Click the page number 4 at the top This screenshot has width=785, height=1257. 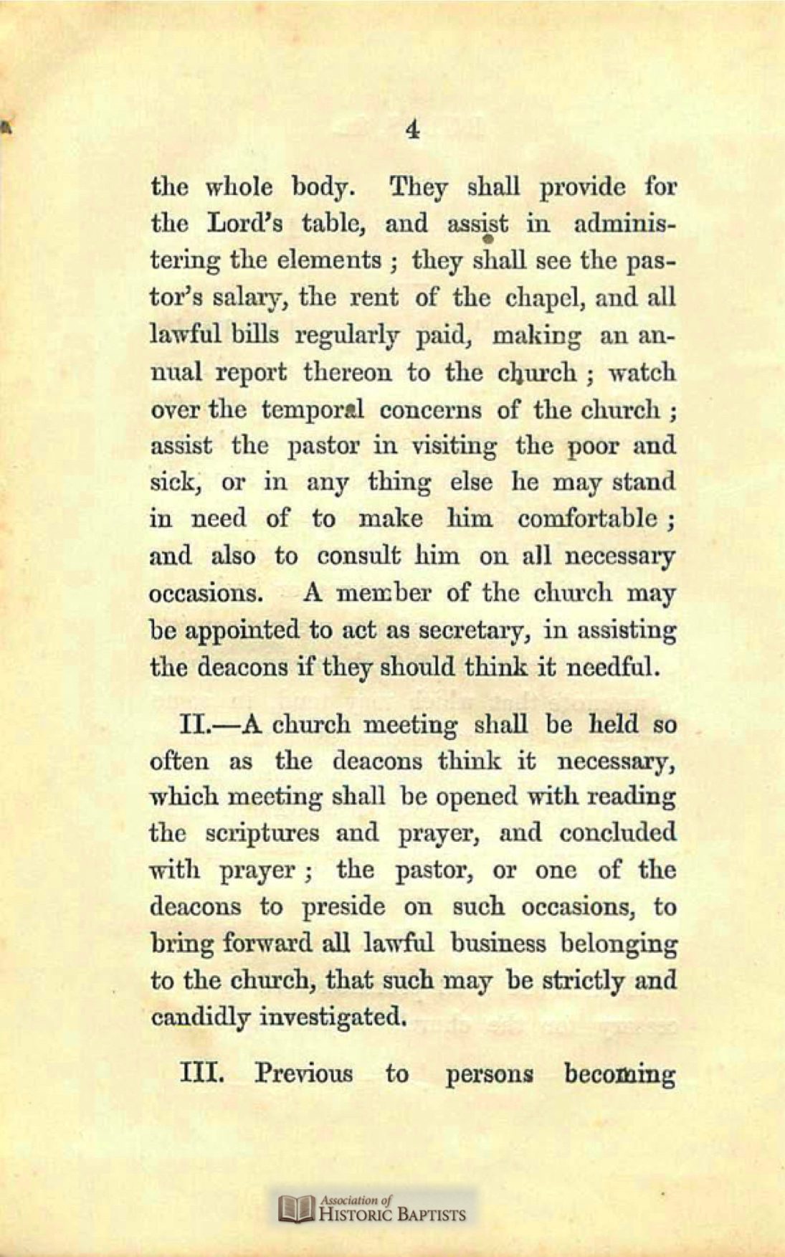point(411,131)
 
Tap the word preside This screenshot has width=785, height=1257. point(343,908)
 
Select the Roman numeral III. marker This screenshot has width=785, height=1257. point(203,1074)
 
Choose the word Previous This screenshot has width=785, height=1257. point(304,1074)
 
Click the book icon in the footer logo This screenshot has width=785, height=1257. point(298,1208)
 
